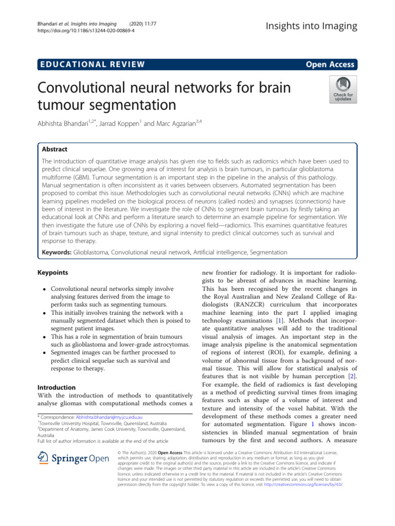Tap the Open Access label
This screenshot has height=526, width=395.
tap(330, 64)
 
